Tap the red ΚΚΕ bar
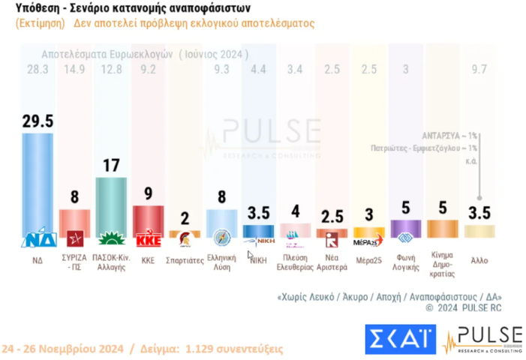[x=148, y=221]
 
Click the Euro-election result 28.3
[x=38, y=70]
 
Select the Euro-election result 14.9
[x=75, y=70]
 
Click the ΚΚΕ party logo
[x=148, y=240]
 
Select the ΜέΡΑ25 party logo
[x=368, y=240]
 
